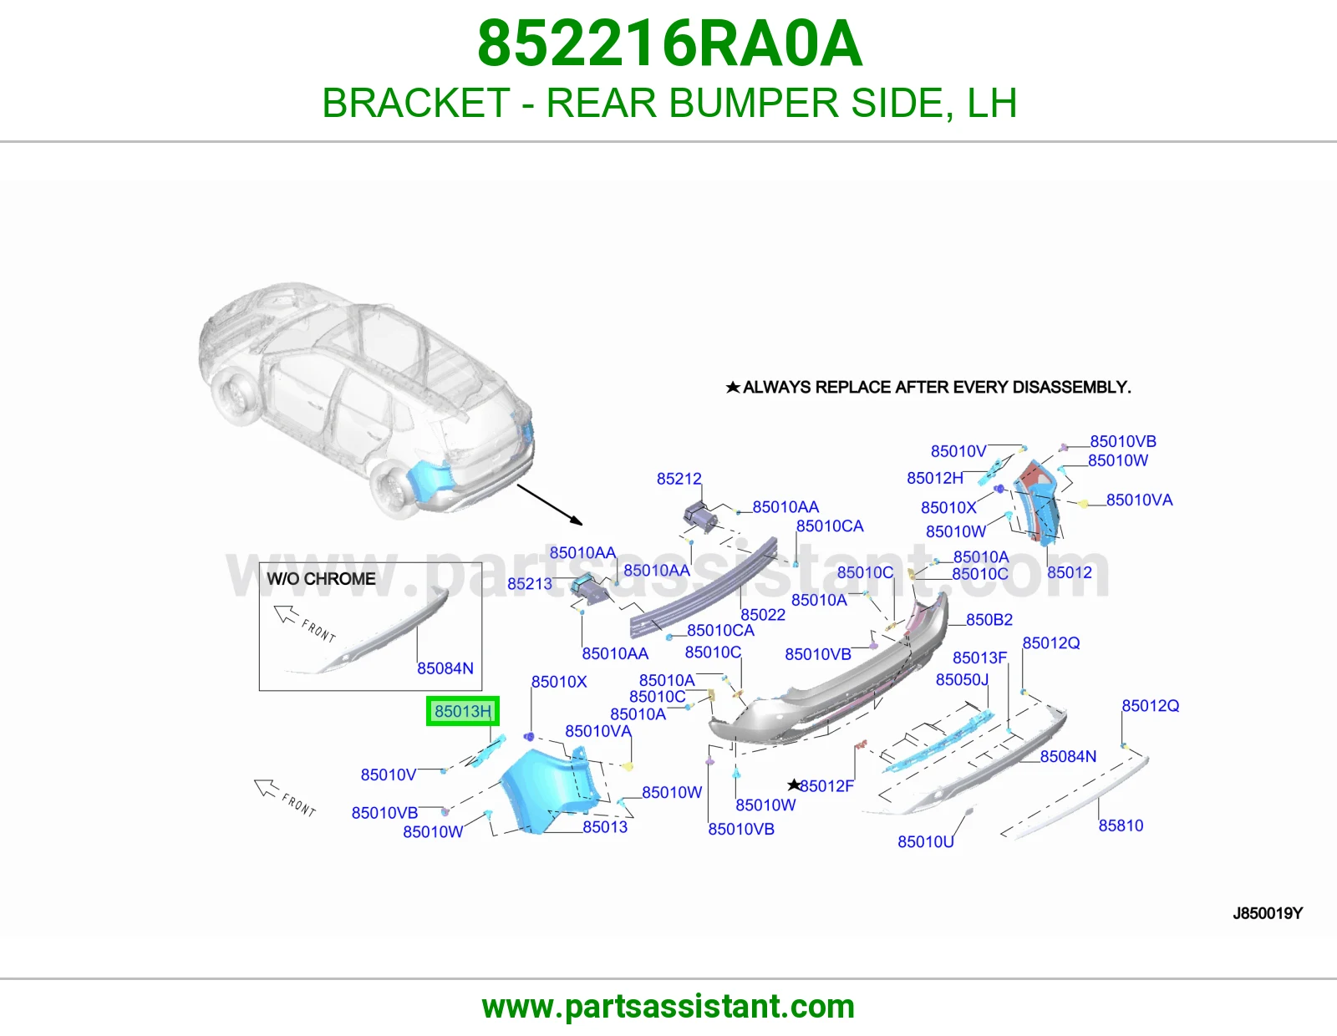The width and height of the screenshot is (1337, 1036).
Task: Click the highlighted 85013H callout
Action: [x=463, y=711]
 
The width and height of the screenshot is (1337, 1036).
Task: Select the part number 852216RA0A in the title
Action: [x=669, y=43]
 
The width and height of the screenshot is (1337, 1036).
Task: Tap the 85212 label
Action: [x=679, y=479]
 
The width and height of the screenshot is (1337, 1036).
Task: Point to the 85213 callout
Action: [x=530, y=584]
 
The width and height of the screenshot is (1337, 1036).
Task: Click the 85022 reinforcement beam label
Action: [x=763, y=615]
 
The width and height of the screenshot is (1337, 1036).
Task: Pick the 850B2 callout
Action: [x=989, y=619]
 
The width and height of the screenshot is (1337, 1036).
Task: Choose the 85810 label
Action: [x=1121, y=825]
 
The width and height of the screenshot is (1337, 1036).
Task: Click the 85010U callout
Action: [x=926, y=841]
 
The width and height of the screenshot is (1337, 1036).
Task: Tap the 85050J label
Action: [x=963, y=680]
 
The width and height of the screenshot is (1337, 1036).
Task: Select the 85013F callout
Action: [x=979, y=658]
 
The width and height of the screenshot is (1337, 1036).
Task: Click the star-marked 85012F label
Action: [x=821, y=785]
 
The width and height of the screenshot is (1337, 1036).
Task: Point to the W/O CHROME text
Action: [x=321, y=579]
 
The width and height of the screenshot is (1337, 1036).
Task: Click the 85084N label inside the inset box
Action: [x=445, y=668]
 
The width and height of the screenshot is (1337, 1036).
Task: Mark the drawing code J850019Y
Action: [x=1268, y=913]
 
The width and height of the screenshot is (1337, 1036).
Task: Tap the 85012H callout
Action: [x=935, y=478]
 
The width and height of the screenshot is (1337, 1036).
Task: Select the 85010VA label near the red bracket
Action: [x=1140, y=500]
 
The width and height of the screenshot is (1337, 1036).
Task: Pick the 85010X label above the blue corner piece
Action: [x=559, y=682]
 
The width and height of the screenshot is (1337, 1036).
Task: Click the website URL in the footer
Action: [x=668, y=1007]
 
